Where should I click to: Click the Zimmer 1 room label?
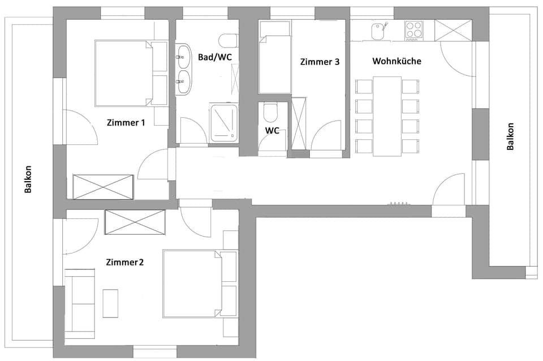tap(126, 122)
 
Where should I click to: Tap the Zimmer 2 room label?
tap(125, 262)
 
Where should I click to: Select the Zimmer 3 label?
tap(320, 62)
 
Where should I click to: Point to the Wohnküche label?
tap(397, 61)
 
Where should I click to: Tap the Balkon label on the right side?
tap(511, 136)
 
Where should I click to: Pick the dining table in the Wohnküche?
tap(387, 115)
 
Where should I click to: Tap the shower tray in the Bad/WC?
tap(224, 122)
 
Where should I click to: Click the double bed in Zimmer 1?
tap(124, 73)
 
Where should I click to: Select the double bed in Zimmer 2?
tap(192, 283)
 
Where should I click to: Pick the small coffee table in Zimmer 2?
tap(110, 303)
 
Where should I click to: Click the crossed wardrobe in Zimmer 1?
tap(104, 187)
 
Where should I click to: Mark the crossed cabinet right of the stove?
tap(454, 29)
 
